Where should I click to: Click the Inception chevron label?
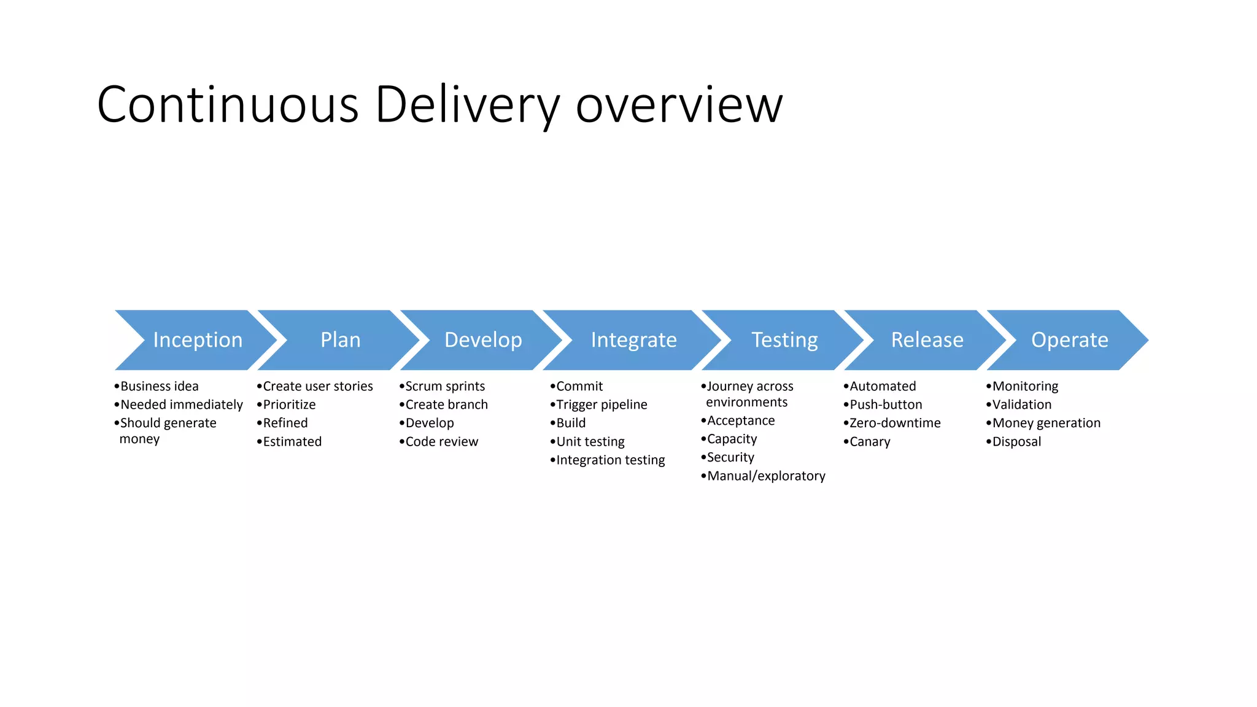(198, 340)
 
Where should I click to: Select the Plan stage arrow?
(340, 340)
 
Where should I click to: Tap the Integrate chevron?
(633, 340)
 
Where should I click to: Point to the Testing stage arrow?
(784, 340)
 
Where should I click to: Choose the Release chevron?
(927, 340)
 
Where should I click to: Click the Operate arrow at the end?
(1069, 340)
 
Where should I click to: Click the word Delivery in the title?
(467, 106)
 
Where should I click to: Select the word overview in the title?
(679, 106)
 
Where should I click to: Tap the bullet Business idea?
(159, 386)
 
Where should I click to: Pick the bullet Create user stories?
(317, 386)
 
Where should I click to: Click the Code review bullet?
(441, 441)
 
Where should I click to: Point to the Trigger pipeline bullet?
(601, 404)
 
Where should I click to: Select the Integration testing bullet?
(610, 460)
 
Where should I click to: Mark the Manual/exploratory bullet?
(766, 476)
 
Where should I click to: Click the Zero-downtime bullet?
(894, 423)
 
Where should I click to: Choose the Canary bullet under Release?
(870, 441)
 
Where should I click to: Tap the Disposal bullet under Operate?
(1016, 441)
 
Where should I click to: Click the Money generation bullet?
(1046, 423)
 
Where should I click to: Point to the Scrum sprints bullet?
(445, 386)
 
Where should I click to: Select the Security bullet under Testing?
(730, 457)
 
